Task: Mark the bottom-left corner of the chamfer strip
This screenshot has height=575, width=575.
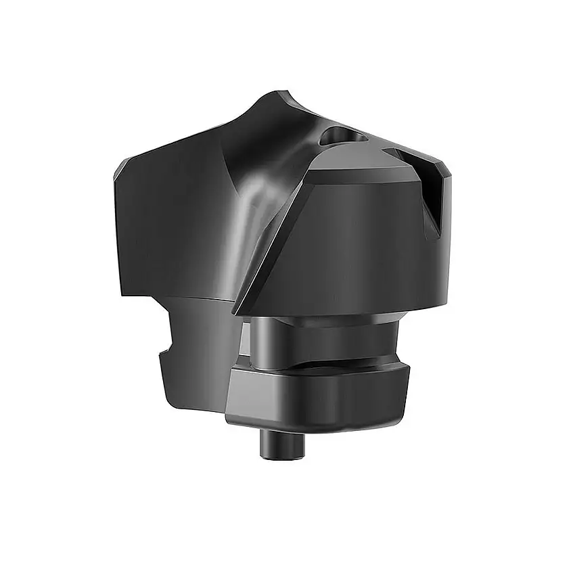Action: pos(237,313)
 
